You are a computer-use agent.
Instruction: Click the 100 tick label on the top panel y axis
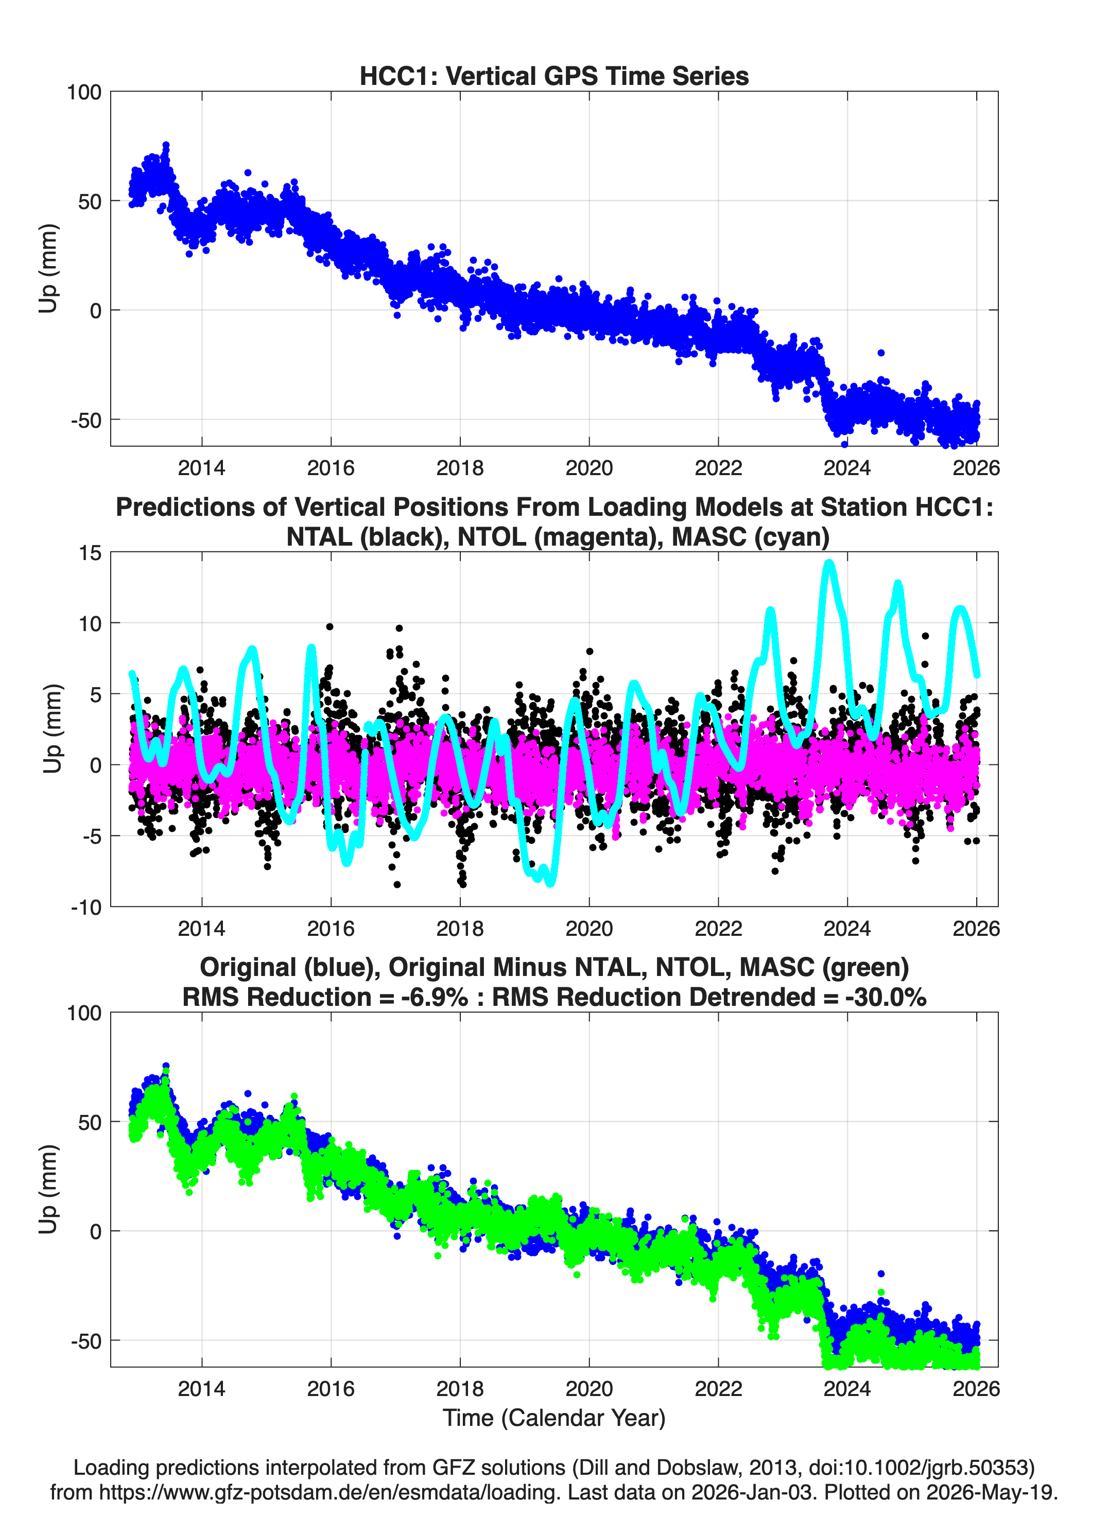[84, 92]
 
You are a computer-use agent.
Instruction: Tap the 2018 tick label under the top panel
[460, 468]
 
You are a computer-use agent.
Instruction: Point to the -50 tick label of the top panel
[86, 420]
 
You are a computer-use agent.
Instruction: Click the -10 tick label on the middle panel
[86, 908]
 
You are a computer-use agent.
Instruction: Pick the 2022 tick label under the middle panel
[718, 928]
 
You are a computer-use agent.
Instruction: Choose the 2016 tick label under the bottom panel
[331, 1388]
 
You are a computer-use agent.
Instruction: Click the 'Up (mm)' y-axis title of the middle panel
[53, 729]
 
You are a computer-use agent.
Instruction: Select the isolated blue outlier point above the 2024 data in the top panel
[881, 353]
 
